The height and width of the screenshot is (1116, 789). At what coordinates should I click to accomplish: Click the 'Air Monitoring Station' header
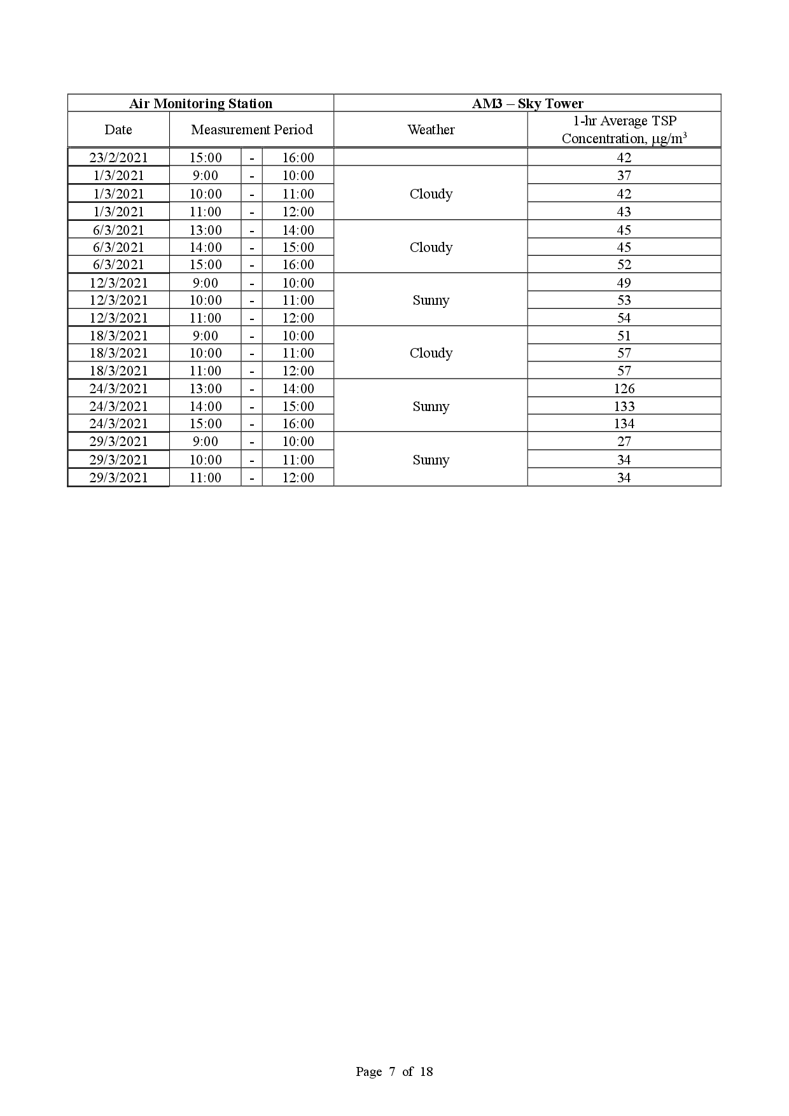pyautogui.click(x=200, y=104)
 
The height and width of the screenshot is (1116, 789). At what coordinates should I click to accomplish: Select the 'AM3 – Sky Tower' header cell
pyautogui.click(x=527, y=104)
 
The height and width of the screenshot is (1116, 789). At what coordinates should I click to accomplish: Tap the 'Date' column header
pyautogui.click(x=118, y=130)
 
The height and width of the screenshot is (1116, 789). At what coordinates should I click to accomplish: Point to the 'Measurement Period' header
pyautogui.click(x=251, y=130)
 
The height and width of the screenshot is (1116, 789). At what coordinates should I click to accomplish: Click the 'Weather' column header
pyautogui.click(x=431, y=130)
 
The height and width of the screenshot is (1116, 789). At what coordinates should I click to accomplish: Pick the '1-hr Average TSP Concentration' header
pyautogui.click(x=624, y=130)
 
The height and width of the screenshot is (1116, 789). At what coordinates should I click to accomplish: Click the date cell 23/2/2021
pyautogui.click(x=118, y=158)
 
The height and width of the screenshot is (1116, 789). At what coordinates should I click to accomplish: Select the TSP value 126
pyautogui.click(x=624, y=389)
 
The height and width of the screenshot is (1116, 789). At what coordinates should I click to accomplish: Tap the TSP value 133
pyautogui.click(x=624, y=407)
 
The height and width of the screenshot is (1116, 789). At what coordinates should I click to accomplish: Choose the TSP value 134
pyautogui.click(x=624, y=424)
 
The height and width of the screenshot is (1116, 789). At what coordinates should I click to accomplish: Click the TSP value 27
pyautogui.click(x=624, y=442)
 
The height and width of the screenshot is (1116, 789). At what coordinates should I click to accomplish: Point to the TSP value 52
pyautogui.click(x=624, y=265)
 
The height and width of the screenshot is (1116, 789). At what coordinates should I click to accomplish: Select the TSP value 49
pyautogui.click(x=624, y=283)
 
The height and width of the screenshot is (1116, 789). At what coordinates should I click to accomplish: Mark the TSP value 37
pyautogui.click(x=624, y=176)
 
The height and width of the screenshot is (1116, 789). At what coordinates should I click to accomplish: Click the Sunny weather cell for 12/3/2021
pyautogui.click(x=431, y=300)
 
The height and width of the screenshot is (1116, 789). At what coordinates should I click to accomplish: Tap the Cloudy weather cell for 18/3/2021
pyautogui.click(x=431, y=353)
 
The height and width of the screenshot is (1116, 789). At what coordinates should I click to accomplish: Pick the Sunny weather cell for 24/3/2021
pyautogui.click(x=431, y=407)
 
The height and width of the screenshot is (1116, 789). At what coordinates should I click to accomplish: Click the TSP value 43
pyautogui.click(x=624, y=212)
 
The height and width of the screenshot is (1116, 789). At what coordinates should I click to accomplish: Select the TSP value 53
pyautogui.click(x=624, y=300)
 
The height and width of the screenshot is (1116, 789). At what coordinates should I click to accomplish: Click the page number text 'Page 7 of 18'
pyautogui.click(x=394, y=1071)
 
